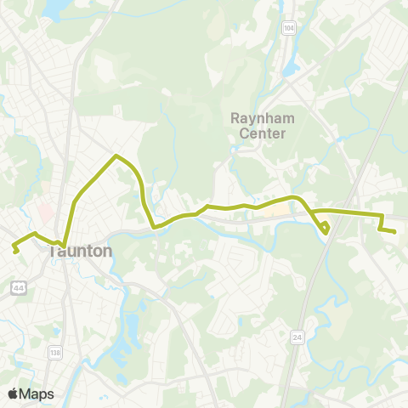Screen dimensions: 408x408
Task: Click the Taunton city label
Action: [81, 252]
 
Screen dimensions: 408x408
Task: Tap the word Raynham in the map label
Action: [263, 117]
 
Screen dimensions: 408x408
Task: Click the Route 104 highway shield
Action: [290, 28]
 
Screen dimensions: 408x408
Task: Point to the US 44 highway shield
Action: [17, 289]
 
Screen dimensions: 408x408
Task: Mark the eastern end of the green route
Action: [395, 231]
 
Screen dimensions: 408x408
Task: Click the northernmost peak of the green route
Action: [116, 156]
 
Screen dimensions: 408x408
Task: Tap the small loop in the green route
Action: [326, 227]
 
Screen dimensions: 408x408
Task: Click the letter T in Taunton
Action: [54, 252]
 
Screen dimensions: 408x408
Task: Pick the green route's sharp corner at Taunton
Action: [64, 246]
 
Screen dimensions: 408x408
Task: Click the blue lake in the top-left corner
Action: [53, 8]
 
